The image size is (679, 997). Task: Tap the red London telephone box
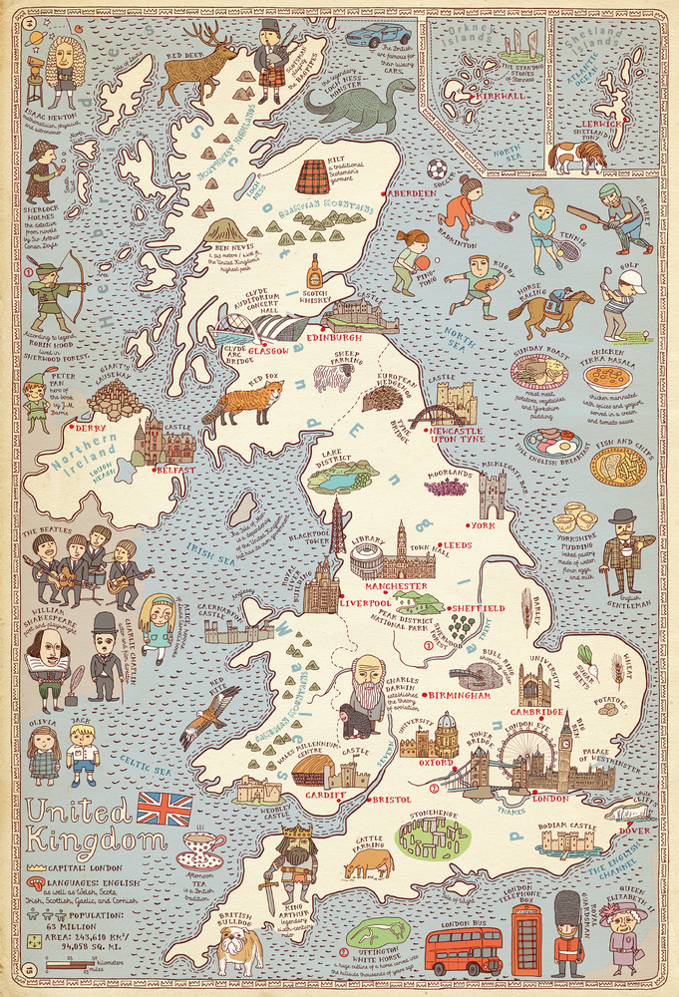(x=527, y=942)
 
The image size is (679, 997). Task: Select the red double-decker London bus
(x=464, y=953)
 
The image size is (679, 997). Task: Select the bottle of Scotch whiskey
(x=314, y=269)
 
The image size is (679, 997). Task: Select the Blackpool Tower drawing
(x=338, y=525)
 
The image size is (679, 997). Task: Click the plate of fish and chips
(x=618, y=467)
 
